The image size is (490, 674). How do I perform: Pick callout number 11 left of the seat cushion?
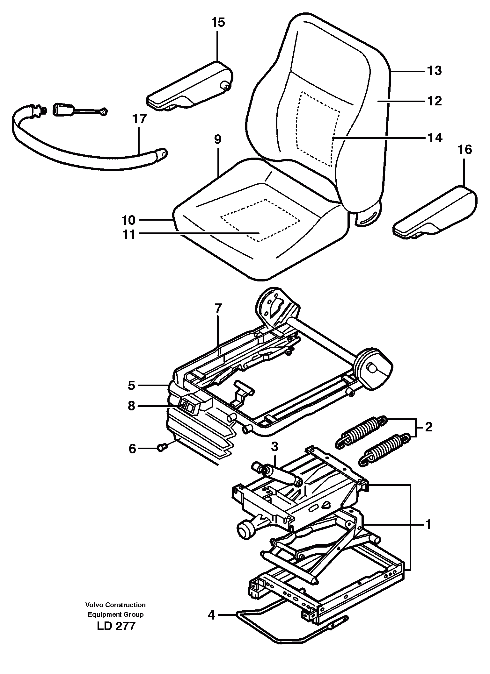tap(129, 235)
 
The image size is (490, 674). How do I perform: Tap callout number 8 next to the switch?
tap(131, 406)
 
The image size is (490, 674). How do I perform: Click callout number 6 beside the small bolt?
tap(132, 449)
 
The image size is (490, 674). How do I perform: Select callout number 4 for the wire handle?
tap(212, 615)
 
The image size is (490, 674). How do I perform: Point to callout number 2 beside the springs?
tap(428, 427)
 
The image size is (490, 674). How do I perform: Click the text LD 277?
tap(116, 626)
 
